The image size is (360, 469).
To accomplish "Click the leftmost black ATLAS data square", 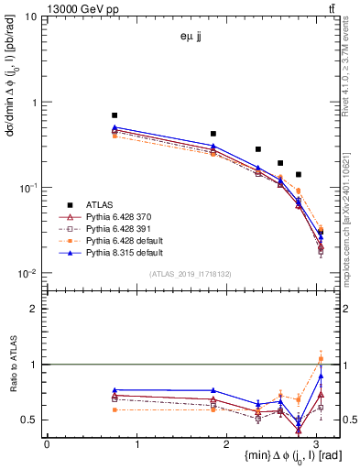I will point(115,115).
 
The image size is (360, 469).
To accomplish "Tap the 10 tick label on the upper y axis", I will point(31,16).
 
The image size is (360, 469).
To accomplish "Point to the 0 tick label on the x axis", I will point(47,444).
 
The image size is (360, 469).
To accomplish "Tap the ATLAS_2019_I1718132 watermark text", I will point(191,274).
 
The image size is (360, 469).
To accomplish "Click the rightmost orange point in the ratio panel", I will point(321,359).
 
